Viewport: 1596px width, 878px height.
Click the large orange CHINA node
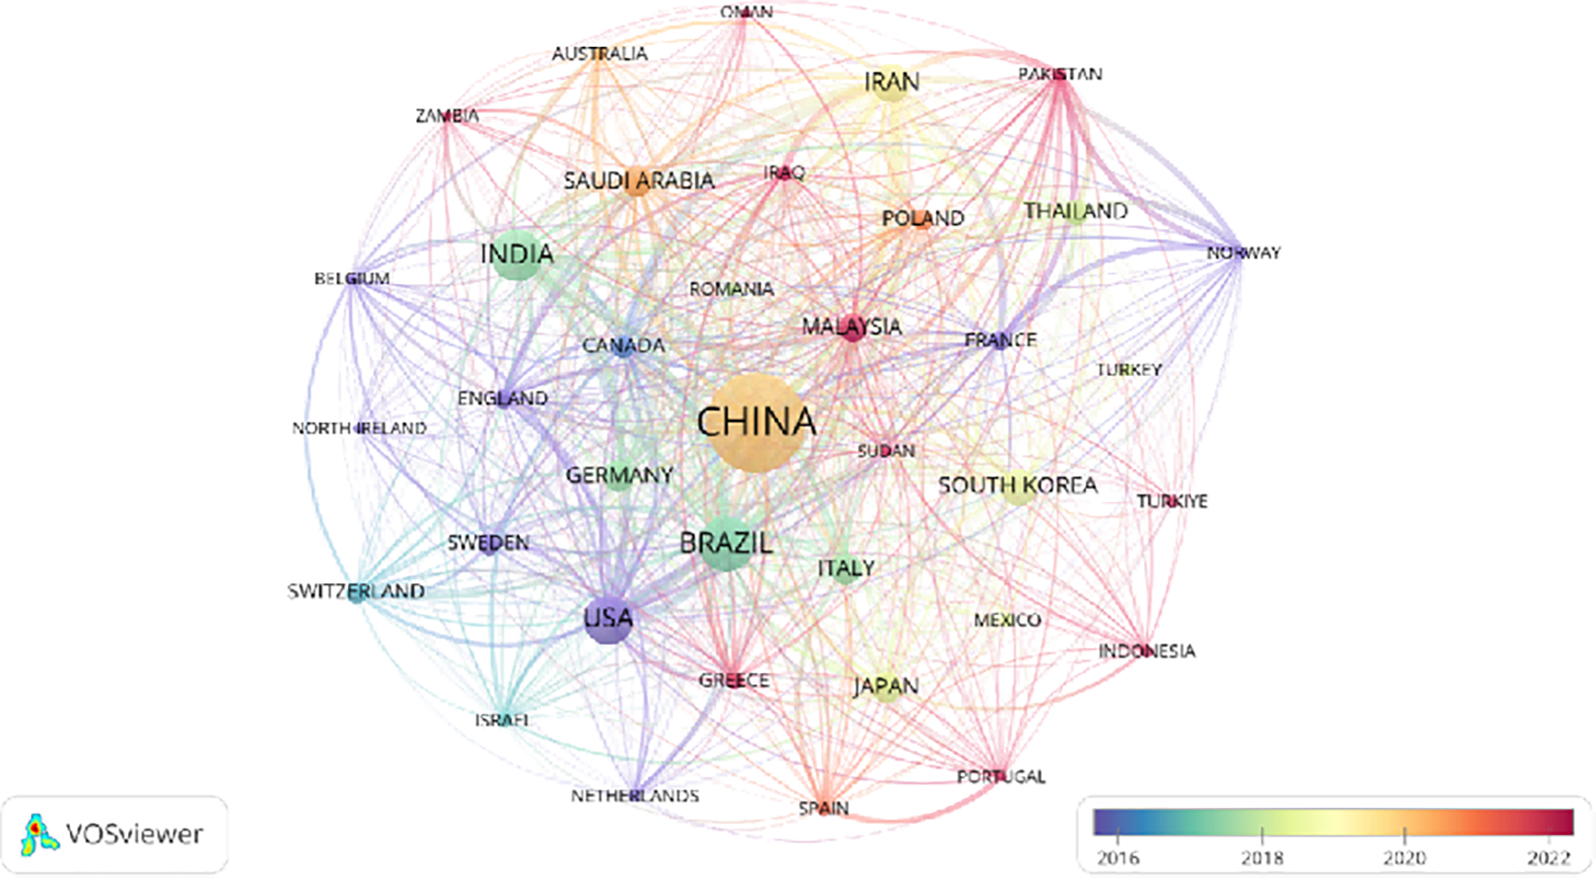tap(756, 424)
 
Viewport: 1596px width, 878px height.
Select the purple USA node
tap(608, 619)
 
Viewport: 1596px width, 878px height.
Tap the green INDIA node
tap(517, 254)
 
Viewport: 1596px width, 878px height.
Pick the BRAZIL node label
tap(726, 543)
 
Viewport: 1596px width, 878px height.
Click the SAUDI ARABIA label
tap(639, 180)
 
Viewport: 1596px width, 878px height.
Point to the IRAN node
tap(892, 83)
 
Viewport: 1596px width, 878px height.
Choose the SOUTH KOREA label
tap(1017, 485)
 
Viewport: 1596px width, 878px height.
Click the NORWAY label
tap(1244, 252)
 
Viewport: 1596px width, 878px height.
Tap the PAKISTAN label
tap(1060, 74)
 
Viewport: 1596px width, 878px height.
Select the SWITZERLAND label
tap(355, 591)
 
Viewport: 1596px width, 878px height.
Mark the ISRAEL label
tap(502, 720)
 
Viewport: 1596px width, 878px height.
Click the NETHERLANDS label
tap(635, 796)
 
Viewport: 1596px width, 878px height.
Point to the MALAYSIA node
tap(852, 327)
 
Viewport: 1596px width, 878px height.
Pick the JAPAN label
tap(885, 686)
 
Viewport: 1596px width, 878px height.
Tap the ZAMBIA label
tap(447, 116)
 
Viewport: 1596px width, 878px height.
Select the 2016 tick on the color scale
tap(1119, 834)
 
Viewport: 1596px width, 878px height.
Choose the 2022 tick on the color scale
tap(1548, 834)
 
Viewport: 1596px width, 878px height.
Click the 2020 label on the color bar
tap(1404, 857)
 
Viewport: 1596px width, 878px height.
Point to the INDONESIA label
tap(1146, 651)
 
